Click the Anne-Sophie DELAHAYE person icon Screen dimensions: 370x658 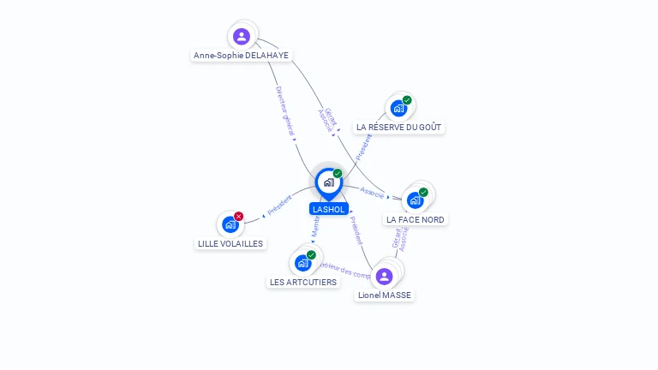(x=242, y=36)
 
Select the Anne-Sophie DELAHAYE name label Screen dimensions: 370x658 (x=241, y=56)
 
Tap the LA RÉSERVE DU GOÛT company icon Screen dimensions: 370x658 (x=398, y=108)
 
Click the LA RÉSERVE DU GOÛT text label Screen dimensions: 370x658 (x=398, y=127)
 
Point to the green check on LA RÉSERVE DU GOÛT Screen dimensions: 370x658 (x=407, y=100)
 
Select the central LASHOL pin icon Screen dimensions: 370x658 (x=328, y=182)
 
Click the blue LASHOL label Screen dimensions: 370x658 (x=329, y=209)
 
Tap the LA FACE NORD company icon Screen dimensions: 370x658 (x=416, y=200)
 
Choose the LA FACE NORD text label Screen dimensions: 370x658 (x=416, y=219)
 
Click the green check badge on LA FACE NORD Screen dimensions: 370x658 (x=423, y=193)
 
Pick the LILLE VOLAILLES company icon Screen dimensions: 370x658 (x=230, y=224)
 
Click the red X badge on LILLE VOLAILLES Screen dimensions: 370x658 (x=239, y=217)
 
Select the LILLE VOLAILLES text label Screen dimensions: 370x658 (x=230, y=243)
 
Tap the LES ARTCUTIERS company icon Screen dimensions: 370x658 (x=302, y=263)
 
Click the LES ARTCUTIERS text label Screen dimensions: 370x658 (x=303, y=282)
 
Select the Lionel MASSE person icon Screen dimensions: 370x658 (x=385, y=276)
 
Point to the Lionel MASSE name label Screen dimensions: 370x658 (x=385, y=295)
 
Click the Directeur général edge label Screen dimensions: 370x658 (x=285, y=111)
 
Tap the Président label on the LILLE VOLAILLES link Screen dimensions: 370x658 (x=280, y=206)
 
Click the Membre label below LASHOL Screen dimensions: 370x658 (x=315, y=228)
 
